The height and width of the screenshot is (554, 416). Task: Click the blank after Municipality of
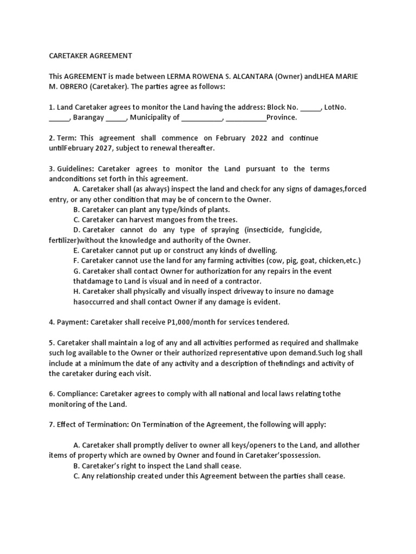tap(201, 117)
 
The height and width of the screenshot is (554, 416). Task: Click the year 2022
tap(258, 138)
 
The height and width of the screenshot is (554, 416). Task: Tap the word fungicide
tap(302, 230)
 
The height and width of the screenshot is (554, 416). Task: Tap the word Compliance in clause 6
tap(76, 394)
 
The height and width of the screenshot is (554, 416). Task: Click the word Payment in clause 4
tap(71, 322)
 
